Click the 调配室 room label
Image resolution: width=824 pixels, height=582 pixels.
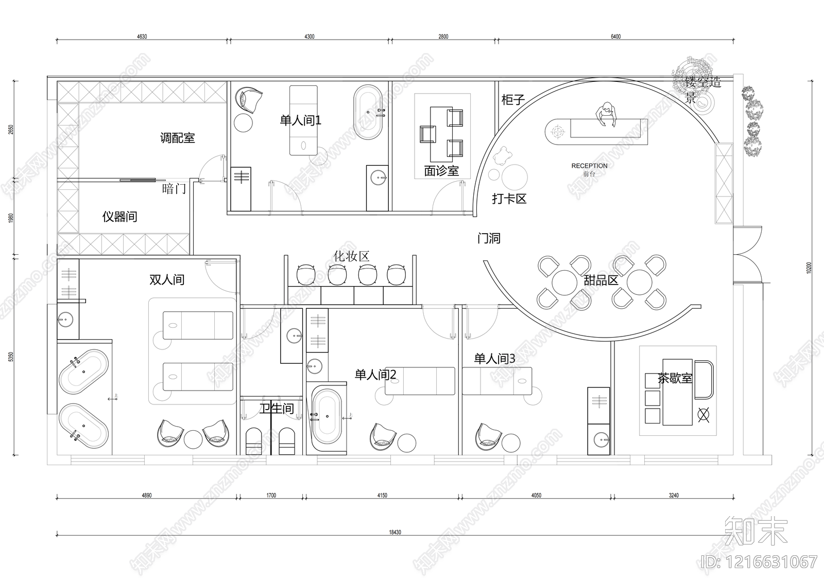coord(177,138)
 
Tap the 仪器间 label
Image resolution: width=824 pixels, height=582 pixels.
coord(119,217)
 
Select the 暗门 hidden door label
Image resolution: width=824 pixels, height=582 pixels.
coord(174,189)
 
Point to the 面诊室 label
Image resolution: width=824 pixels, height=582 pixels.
coord(441,171)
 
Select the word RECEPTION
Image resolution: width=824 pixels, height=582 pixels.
coord(589,166)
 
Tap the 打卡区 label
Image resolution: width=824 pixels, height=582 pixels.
coord(509,199)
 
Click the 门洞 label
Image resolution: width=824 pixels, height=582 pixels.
coord(488,238)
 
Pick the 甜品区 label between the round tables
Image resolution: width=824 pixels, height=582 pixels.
coord(601,280)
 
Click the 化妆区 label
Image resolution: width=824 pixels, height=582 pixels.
coord(351,256)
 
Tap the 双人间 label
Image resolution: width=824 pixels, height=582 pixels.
coord(167,280)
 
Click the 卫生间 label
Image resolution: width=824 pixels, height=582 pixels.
coord(276,409)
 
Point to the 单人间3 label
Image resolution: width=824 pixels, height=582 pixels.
coord(494,359)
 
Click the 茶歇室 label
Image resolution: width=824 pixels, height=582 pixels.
coord(675,379)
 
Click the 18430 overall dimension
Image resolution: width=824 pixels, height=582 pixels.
coord(395,532)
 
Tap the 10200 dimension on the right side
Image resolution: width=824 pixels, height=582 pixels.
coord(809,268)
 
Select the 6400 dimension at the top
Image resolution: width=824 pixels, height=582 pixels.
coord(615,37)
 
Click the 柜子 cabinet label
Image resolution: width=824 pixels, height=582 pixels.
coord(513,100)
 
